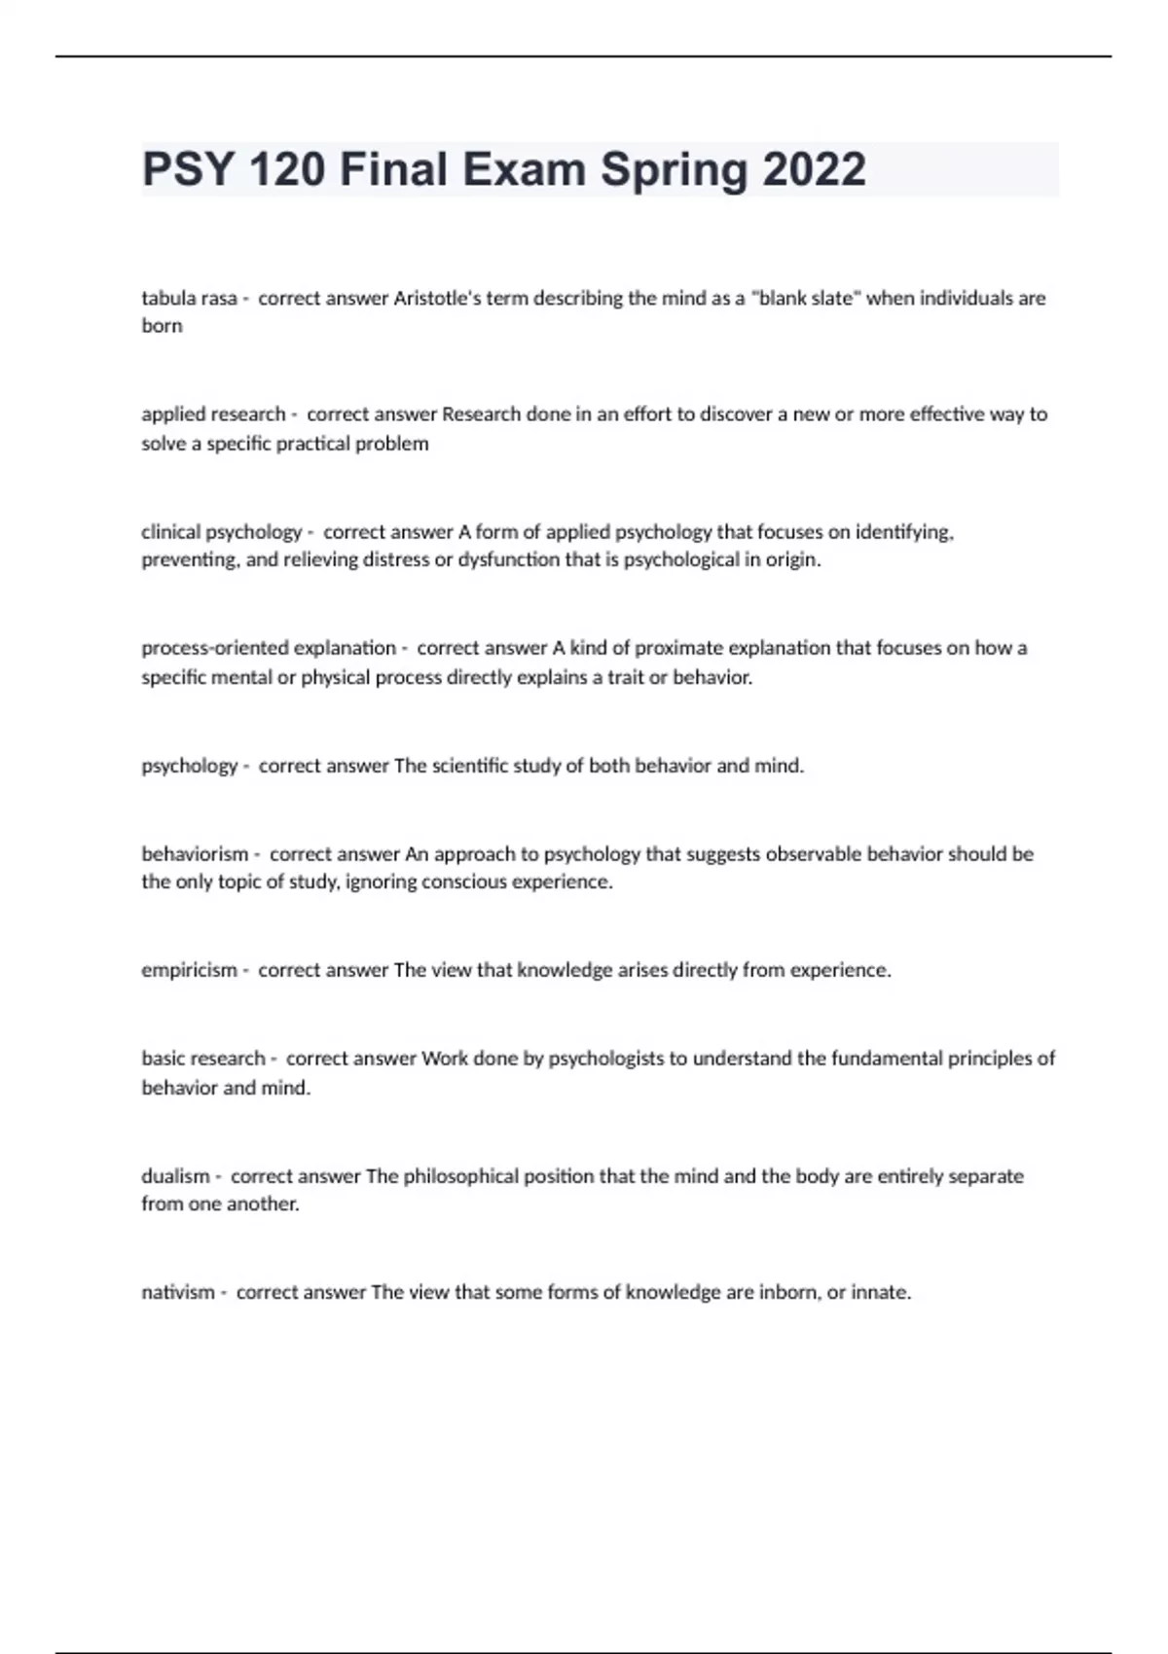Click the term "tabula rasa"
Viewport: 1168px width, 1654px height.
(x=189, y=299)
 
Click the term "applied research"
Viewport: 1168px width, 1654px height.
(x=213, y=414)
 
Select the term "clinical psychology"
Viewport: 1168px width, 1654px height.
(x=222, y=532)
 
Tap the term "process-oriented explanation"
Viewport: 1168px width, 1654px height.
(x=269, y=648)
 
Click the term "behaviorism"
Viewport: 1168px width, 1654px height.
(x=195, y=854)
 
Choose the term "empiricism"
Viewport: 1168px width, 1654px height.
(x=189, y=970)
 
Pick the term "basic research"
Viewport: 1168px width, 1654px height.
(x=203, y=1059)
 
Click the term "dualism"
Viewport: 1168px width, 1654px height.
(x=175, y=1176)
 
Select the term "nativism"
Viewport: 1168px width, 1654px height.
(x=178, y=1293)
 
